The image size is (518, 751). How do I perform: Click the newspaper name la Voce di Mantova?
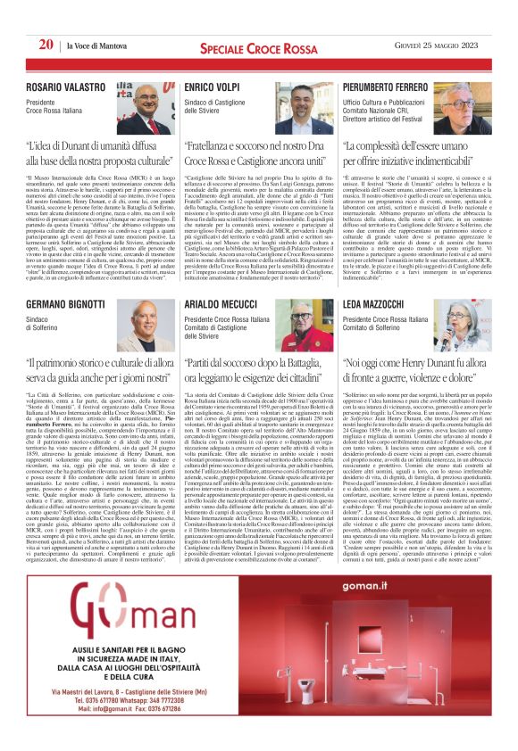click(x=93, y=46)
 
